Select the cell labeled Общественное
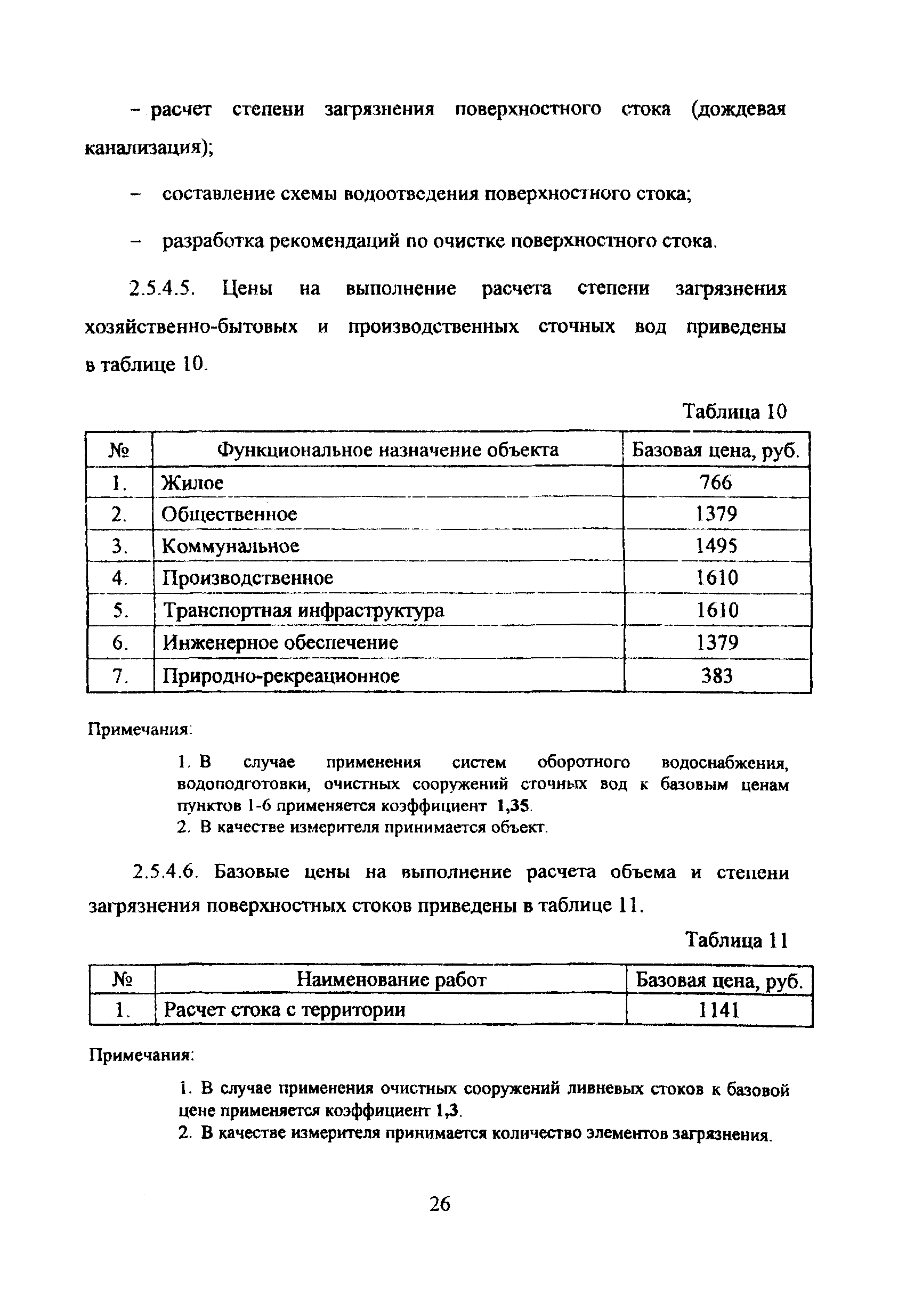pyautogui.click(x=229, y=514)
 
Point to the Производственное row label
pyautogui.click(x=247, y=578)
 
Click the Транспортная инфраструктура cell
pyautogui.click(x=303, y=610)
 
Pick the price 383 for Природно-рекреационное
pyautogui.click(x=717, y=675)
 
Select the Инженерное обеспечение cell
pyautogui.click(x=280, y=643)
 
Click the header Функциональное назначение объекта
pyautogui.click(x=388, y=450)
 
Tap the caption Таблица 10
pyautogui.click(x=734, y=412)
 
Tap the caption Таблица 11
pyautogui.click(x=737, y=941)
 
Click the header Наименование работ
pyautogui.click(x=391, y=980)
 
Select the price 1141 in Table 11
pyautogui.click(x=718, y=1010)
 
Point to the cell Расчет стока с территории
pyautogui.click(x=285, y=1010)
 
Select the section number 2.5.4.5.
pyautogui.click(x=162, y=289)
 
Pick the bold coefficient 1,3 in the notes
pyautogui.click(x=447, y=1111)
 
